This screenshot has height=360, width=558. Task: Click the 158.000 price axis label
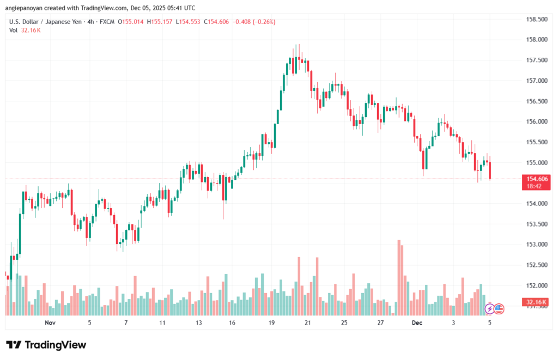tap(536, 40)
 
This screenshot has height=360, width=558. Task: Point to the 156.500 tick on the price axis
tap(536, 101)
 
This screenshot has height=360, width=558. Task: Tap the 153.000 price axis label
tap(536, 245)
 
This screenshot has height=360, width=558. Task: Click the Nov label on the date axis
tap(50, 323)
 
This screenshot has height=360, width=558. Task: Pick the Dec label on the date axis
tap(417, 323)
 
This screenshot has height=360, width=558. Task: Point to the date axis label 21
tap(308, 323)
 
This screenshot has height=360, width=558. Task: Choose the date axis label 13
tap(198, 323)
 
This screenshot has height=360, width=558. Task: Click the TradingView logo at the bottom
tap(46, 345)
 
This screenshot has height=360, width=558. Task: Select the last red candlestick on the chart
tap(490, 170)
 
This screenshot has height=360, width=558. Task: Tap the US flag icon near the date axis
tap(499, 308)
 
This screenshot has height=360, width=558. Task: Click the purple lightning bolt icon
tap(489, 308)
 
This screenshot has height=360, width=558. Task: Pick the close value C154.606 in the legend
tap(217, 22)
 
